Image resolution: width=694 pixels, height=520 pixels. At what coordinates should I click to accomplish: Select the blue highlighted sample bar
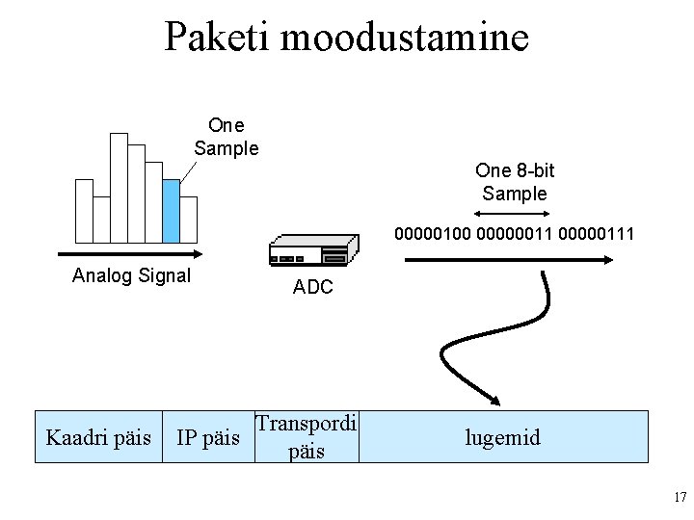tap(172, 211)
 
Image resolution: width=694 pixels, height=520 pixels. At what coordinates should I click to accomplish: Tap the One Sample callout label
tap(227, 137)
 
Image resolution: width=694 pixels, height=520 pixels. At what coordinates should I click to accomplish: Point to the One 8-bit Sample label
tap(515, 182)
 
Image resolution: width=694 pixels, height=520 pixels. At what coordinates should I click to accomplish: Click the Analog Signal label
tap(132, 275)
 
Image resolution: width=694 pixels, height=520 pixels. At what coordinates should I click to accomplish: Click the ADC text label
tap(313, 286)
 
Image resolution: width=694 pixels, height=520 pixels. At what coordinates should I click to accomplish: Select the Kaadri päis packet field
tap(98, 438)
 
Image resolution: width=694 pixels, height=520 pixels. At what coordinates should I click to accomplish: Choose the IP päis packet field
tap(209, 438)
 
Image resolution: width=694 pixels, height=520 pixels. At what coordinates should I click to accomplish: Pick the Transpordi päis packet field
tap(307, 437)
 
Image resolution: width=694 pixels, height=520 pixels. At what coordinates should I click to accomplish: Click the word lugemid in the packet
tap(502, 438)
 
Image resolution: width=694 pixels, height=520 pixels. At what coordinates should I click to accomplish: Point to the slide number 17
tap(680, 498)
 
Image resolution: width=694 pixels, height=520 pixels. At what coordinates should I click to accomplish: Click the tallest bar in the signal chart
tap(119, 188)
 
